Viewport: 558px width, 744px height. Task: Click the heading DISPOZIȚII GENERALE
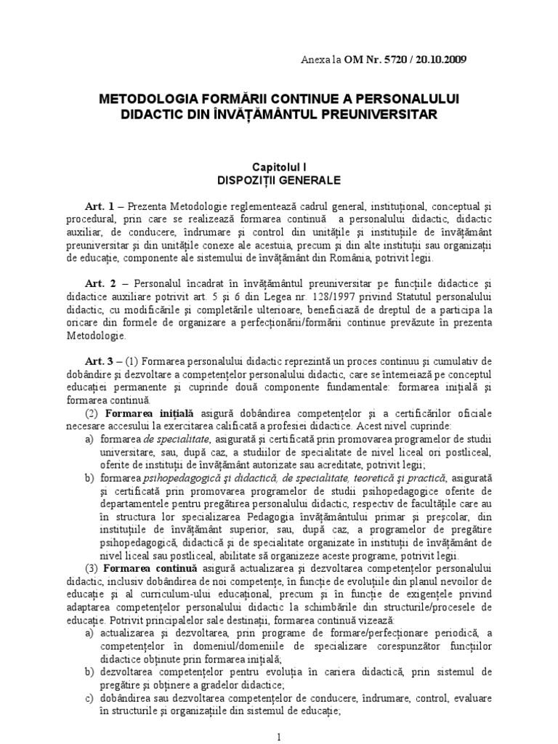click(279, 179)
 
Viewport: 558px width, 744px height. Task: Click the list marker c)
click(89, 697)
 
